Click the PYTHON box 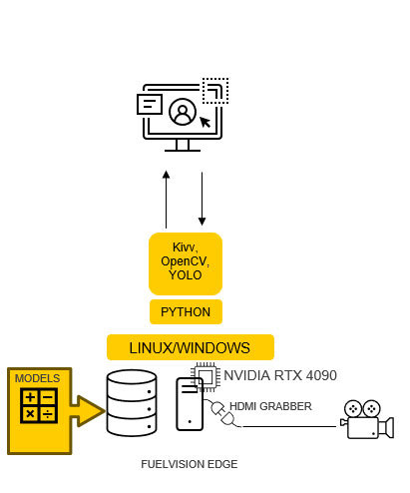[x=186, y=311]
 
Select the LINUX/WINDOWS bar [x=191, y=347]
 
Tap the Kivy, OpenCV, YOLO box [x=186, y=263]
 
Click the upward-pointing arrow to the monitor [x=167, y=200]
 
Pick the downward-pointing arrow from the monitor [x=202, y=199]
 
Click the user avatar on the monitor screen [x=183, y=112]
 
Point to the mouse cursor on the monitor [x=205, y=122]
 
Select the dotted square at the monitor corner [x=215, y=91]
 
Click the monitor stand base [x=183, y=151]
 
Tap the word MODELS [x=37, y=378]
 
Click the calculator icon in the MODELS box [x=39, y=405]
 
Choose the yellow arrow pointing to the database [x=87, y=411]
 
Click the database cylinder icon [x=132, y=403]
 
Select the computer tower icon [x=190, y=404]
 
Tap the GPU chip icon [x=205, y=377]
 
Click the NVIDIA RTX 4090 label [x=280, y=375]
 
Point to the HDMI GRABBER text [x=270, y=406]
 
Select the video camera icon [x=367, y=419]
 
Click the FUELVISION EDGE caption [x=190, y=464]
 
